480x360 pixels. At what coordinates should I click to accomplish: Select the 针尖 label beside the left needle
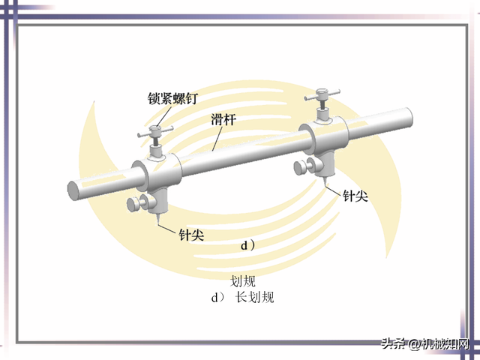point(190,234)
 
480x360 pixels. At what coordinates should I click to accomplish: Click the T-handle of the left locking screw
point(156,133)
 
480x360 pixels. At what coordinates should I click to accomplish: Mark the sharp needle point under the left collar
point(158,225)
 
